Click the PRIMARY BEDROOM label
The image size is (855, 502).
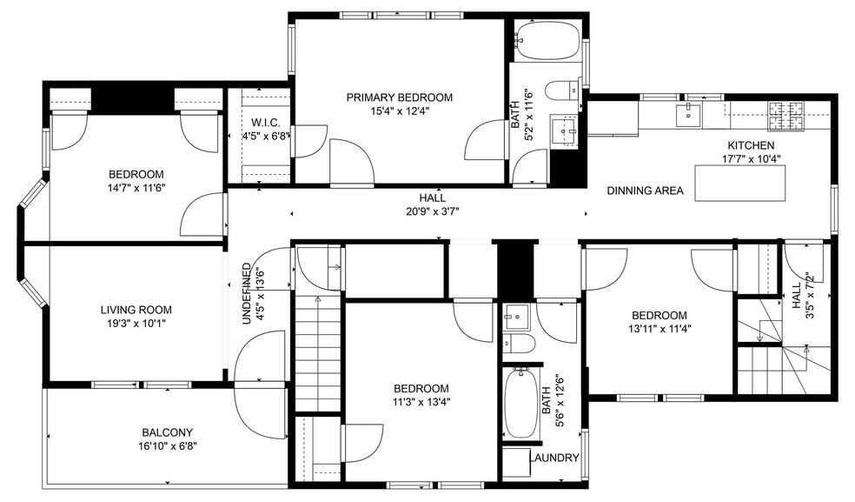click(x=399, y=97)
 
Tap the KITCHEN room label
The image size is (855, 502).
click(x=751, y=145)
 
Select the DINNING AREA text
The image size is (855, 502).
click(x=645, y=191)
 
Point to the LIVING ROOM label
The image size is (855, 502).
click(x=136, y=310)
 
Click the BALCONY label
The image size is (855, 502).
click(x=167, y=432)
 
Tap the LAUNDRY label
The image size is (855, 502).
click(x=553, y=458)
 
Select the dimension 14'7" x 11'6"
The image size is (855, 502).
click(x=136, y=188)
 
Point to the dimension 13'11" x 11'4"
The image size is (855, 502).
click(x=659, y=329)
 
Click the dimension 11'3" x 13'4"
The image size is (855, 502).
click(x=421, y=402)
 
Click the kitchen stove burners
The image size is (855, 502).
click(x=786, y=110)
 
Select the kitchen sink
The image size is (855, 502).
click(x=687, y=111)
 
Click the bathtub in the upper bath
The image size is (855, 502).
click(x=547, y=38)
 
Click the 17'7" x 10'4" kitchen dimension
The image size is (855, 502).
click(x=751, y=159)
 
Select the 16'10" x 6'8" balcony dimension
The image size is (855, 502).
click(x=167, y=446)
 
